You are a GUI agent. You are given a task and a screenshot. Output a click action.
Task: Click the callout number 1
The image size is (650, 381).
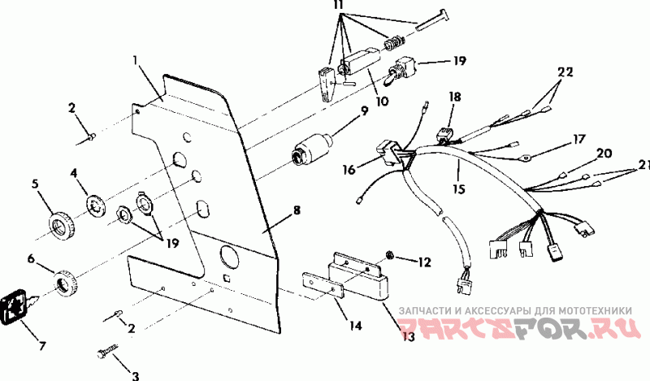coord(136,59)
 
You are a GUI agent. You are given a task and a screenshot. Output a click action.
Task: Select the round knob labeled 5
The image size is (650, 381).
coord(61,224)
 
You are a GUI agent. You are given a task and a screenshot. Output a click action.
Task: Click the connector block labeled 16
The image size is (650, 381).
coord(392,154)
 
